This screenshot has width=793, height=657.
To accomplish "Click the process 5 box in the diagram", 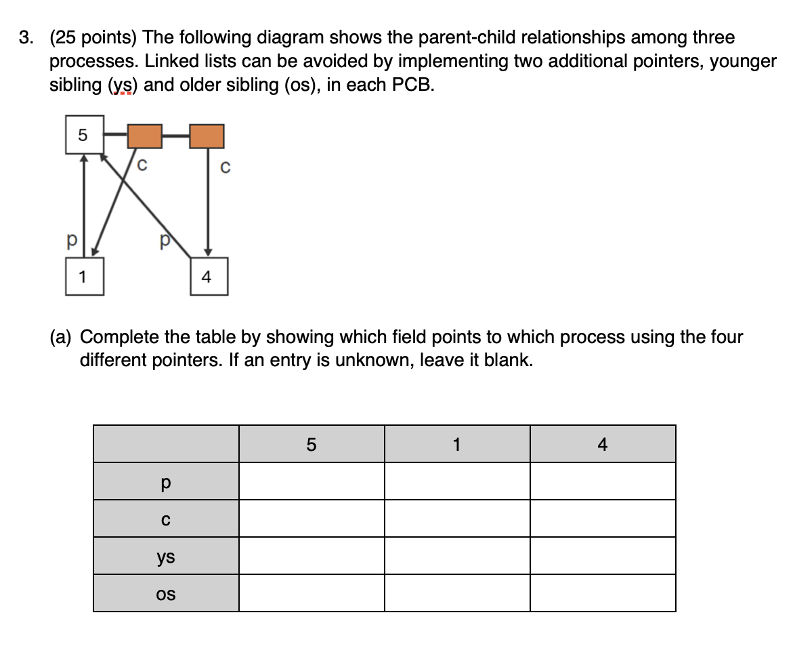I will pos(84,135).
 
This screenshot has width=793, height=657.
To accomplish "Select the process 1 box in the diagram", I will pos(85,277).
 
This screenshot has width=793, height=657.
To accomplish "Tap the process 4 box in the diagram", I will pos(209,277).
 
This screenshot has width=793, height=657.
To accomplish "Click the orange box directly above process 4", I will pos(207,136).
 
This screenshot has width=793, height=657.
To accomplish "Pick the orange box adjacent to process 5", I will pos(145,136).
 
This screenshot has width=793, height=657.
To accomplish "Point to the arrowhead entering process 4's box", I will pos(208,252).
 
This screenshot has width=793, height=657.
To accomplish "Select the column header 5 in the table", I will pos(311,445).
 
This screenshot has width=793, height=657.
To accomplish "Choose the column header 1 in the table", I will pos(456,445).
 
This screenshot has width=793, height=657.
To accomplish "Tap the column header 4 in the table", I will pos(603,445).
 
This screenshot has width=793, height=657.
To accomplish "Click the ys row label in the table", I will pos(166,557).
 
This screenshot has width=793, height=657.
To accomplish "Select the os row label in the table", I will pos(166,594).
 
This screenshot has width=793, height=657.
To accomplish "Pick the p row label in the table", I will pos(166,482).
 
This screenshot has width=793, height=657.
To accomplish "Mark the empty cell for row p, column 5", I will pos(311,481).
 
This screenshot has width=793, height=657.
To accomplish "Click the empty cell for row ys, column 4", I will pos(603,556).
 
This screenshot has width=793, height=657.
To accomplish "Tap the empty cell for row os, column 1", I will pos(456,593).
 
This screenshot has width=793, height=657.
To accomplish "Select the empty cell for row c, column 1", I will pos(456,519).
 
